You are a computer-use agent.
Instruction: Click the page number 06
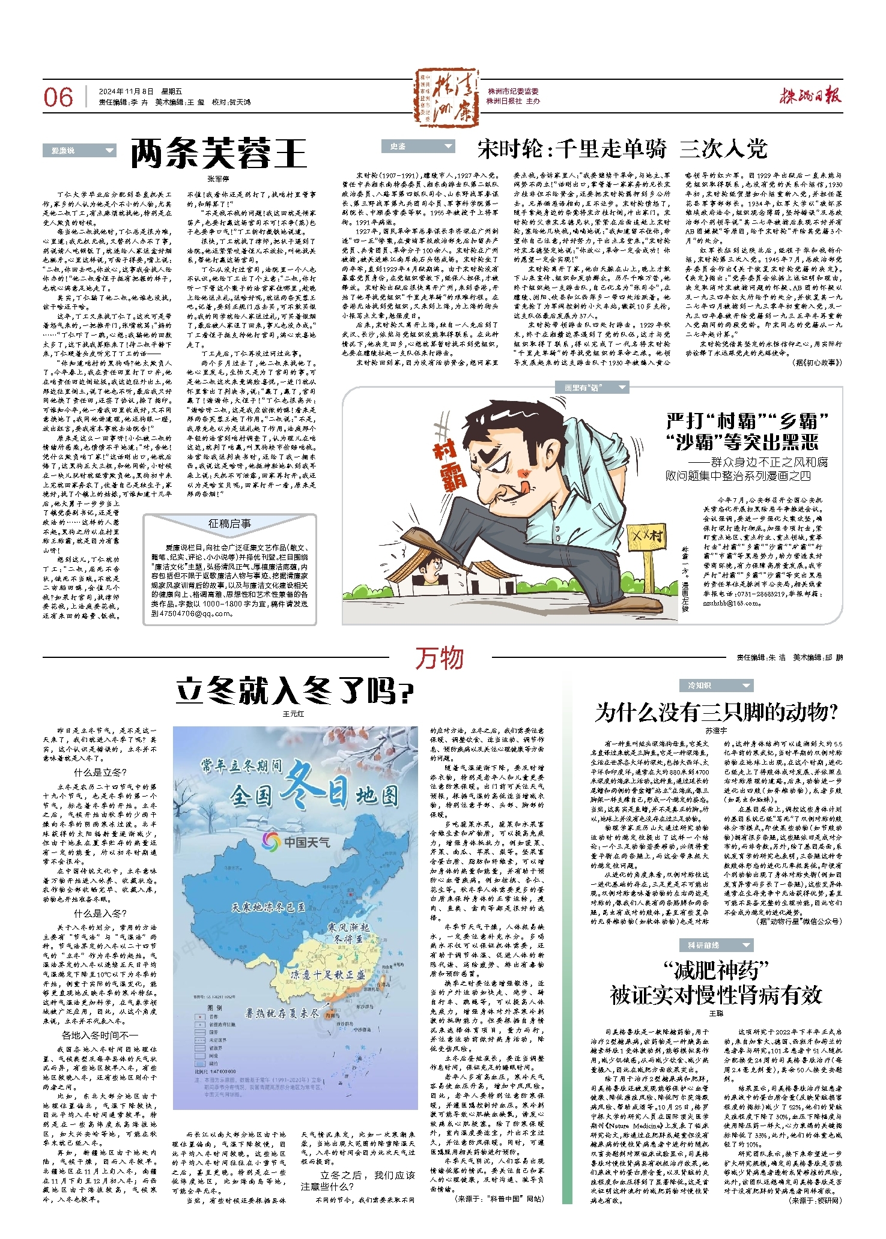(x=58, y=97)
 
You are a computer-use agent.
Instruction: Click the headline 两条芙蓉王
(x=219, y=153)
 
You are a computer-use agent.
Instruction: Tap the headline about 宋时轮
(x=622, y=148)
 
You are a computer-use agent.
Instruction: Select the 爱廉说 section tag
(x=79, y=150)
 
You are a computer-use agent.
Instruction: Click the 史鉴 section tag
(x=418, y=146)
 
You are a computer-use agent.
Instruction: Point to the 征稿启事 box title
(x=229, y=523)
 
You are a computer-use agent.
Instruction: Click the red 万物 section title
(x=440, y=658)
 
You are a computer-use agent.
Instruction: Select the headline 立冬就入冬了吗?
(x=294, y=691)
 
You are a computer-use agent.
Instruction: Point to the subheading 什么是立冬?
(x=100, y=772)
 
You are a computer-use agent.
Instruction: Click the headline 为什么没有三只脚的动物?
(x=715, y=713)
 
